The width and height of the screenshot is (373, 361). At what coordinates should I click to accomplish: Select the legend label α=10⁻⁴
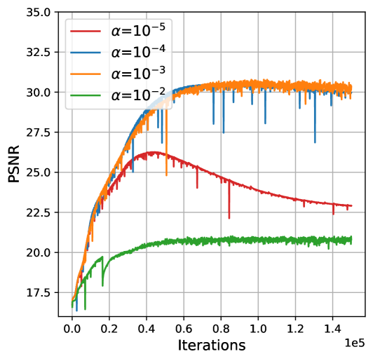click(x=138, y=52)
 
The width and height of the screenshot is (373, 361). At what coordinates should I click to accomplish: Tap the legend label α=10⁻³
click(x=138, y=74)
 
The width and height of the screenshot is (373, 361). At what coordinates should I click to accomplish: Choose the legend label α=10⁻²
click(x=138, y=95)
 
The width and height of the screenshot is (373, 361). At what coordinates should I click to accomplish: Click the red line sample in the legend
click(x=86, y=32)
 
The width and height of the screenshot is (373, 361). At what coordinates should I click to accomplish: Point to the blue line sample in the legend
click(x=86, y=53)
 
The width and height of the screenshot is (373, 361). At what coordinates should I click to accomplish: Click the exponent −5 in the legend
click(x=158, y=26)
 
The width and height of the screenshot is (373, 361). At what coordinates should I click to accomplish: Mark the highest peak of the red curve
click(x=155, y=151)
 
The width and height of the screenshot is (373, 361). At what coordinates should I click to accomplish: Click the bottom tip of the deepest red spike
click(x=229, y=218)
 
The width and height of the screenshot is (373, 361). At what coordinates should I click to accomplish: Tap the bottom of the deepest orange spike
click(x=166, y=175)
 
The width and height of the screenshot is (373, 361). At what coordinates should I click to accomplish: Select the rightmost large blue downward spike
click(x=314, y=142)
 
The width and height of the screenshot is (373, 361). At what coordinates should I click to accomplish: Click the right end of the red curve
click(x=352, y=205)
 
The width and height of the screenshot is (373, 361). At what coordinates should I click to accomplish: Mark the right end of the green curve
click(x=352, y=240)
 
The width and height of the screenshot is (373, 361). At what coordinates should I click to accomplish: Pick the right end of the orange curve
click(x=352, y=88)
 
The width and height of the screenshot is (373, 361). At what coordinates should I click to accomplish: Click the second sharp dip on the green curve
click(x=102, y=285)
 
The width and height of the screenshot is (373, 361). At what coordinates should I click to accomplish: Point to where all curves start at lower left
click(x=72, y=304)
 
